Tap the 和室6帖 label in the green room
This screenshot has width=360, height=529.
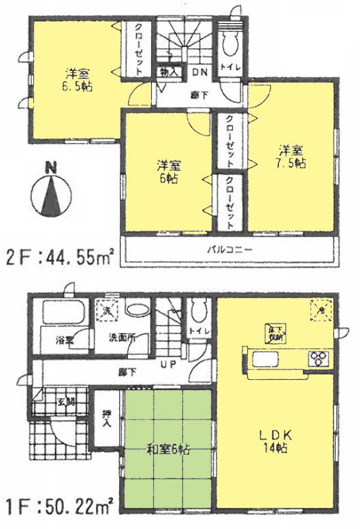point(167,450)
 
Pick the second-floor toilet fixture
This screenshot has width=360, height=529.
point(229,43)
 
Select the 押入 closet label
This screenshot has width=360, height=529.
point(107,417)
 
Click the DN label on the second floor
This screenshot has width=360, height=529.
point(201,72)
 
